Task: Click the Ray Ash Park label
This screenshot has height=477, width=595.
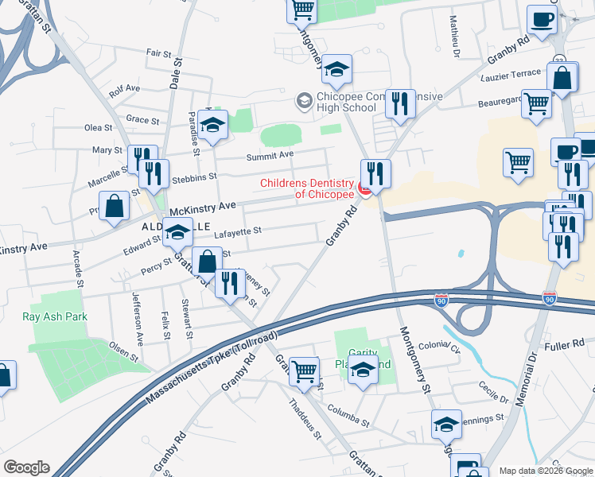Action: pyautogui.click(x=55, y=316)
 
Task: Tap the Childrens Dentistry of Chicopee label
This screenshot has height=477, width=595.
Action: pyautogui.click(x=307, y=189)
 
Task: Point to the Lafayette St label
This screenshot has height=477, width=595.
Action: pyautogui.click(x=238, y=231)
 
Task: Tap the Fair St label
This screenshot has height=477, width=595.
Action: pyautogui.click(x=159, y=53)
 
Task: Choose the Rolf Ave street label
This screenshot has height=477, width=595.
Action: pyautogui.click(x=125, y=89)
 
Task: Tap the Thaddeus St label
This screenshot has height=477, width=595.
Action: pyautogui.click(x=305, y=420)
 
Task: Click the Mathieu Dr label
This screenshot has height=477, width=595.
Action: pyautogui.click(x=455, y=38)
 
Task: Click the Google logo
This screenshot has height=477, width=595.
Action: pyautogui.click(x=26, y=467)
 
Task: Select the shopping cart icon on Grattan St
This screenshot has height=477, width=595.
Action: pyautogui.click(x=304, y=370)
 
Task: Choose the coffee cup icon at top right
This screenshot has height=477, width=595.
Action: pyautogui.click(x=542, y=18)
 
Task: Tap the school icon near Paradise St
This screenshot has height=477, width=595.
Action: pyautogui.click(x=213, y=124)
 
